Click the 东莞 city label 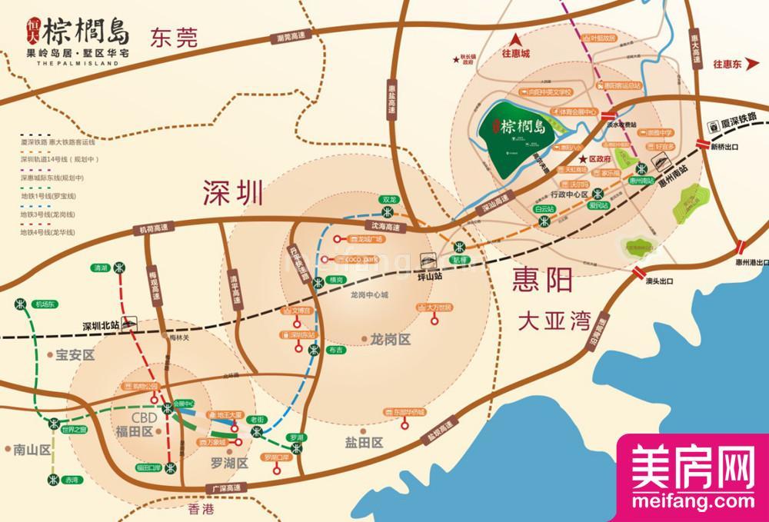[175, 36]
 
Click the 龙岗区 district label [391, 338]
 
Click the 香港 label [198, 510]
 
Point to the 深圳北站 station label [103, 325]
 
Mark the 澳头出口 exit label [660, 282]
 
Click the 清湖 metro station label [99, 268]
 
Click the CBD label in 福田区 [144, 417]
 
